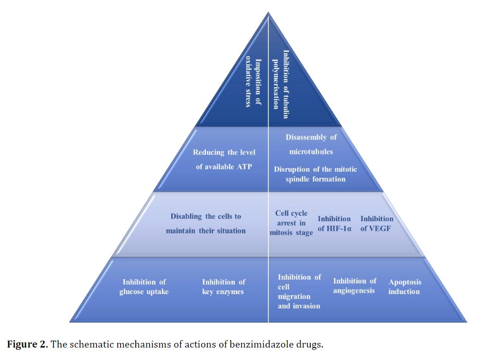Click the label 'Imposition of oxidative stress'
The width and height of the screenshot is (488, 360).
253,82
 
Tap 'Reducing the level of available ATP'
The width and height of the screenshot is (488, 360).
224,159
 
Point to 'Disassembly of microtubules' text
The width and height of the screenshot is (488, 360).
311,144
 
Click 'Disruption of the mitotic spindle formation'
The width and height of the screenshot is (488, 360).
315,174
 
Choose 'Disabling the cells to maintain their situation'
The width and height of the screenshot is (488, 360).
206,223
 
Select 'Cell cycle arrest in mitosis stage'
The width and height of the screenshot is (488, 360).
291,223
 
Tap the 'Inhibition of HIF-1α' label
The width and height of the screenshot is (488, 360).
334,223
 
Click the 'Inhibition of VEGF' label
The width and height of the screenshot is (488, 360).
377,223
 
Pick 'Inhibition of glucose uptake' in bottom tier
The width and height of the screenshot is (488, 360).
144,287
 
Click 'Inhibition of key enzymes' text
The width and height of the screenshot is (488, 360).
223,287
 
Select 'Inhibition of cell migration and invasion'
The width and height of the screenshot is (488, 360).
299,291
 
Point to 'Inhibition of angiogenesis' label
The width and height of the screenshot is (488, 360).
355,286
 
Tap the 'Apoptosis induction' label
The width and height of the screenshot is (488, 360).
404,287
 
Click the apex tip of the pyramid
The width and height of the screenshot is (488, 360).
269,12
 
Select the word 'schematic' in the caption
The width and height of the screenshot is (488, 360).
90,344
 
